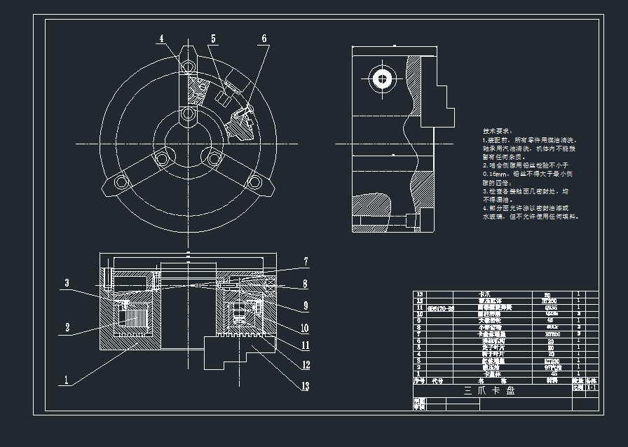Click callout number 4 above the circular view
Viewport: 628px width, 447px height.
click(161, 39)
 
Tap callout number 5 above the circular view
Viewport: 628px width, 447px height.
click(213, 39)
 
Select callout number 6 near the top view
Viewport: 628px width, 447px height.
click(264, 39)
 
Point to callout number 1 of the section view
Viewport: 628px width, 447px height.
click(66, 380)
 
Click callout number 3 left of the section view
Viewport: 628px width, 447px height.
click(67, 283)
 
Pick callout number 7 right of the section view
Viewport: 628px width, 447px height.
click(306, 262)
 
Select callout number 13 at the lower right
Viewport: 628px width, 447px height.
click(306, 385)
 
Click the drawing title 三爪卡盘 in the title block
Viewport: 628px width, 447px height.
click(491, 391)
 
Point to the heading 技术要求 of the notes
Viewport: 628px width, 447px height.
click(497, 131)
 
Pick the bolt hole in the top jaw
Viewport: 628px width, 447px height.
click(187, 67)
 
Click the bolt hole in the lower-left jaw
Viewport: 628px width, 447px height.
click(162, 159)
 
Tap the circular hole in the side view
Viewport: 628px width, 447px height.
click(381, 77)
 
